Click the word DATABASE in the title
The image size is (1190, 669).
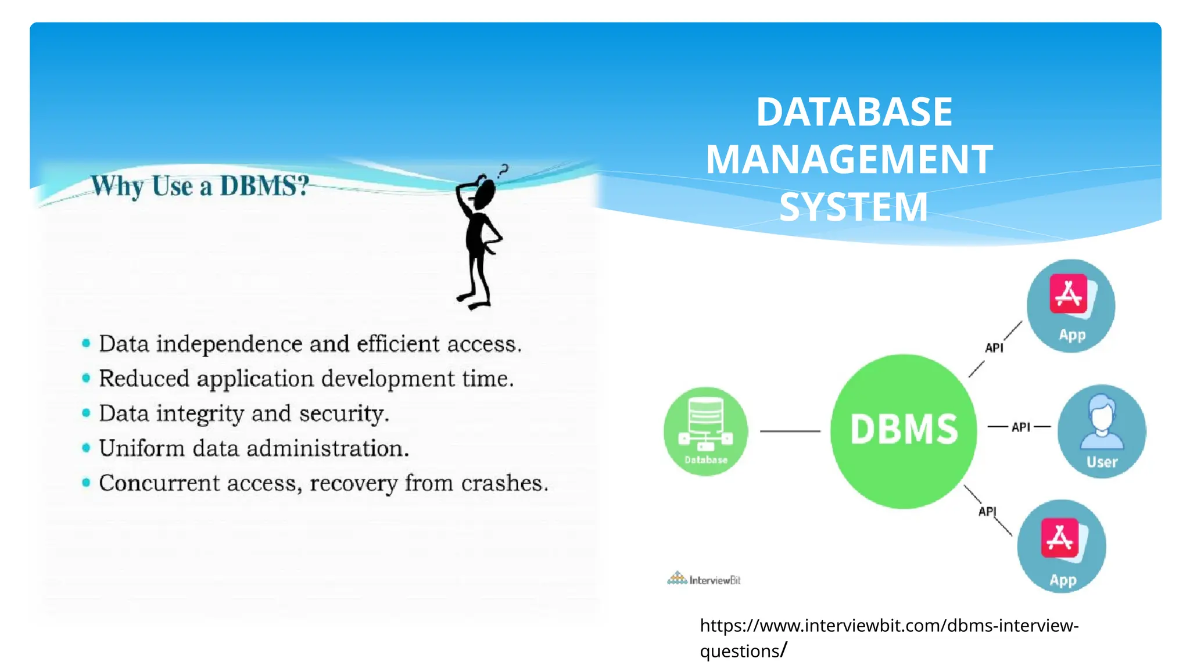pyautogui.click(x=854, y=111)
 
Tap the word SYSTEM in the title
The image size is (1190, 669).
pyautogui.click(x=854, y=207)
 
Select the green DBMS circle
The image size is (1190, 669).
pyautogui.click(x=904, y=431)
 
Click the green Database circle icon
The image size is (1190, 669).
pyautogui.click(x=705, y=431)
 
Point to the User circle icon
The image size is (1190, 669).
pyautogui.click(x=1102, y=431)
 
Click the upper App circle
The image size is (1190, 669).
pyautogui.click(x=1071, y=306)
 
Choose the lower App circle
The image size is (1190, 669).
pyautogui.click(x=1062, y=546)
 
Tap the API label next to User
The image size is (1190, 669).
pyautogui.click(x=1020, y=427)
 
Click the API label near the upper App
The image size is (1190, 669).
pyautogui.click(x=994, y=348)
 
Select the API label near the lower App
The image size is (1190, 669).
pyautogui.click(x=987, y=512)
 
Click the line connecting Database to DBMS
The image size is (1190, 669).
pyautogui.click(x=790, y=431)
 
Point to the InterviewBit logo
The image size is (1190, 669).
pyautogui.click(x=704, y=579)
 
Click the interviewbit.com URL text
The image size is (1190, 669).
pyautogui.click(x=888, y=626)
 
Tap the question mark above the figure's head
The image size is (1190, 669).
pyautogui.click(x=503, y=171)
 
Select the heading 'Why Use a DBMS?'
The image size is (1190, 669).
pyautogui.click(x=199, y=186)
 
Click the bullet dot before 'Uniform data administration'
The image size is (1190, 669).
pyautogui.click(x=86, y=448)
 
